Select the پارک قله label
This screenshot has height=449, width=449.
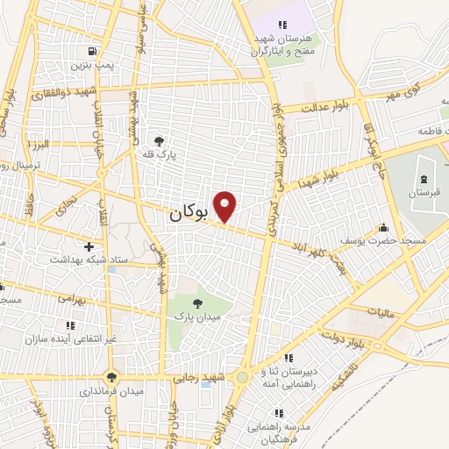tap(160, 154)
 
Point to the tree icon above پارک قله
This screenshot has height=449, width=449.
tap(159, 139)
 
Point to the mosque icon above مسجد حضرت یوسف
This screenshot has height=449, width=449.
tap(383, 225)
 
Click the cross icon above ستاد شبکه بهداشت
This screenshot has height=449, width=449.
tap(88, 246)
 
